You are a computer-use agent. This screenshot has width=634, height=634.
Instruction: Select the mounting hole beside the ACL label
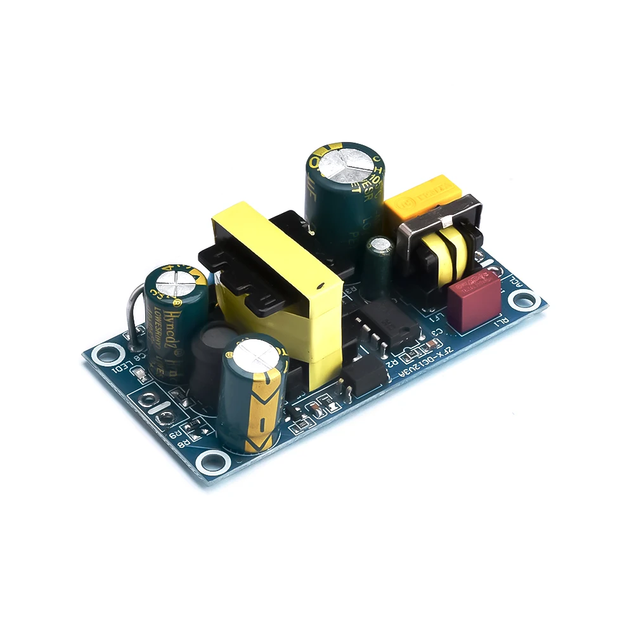[x=523, y=298]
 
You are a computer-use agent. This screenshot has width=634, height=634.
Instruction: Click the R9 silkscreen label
[x=175, y=436]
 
